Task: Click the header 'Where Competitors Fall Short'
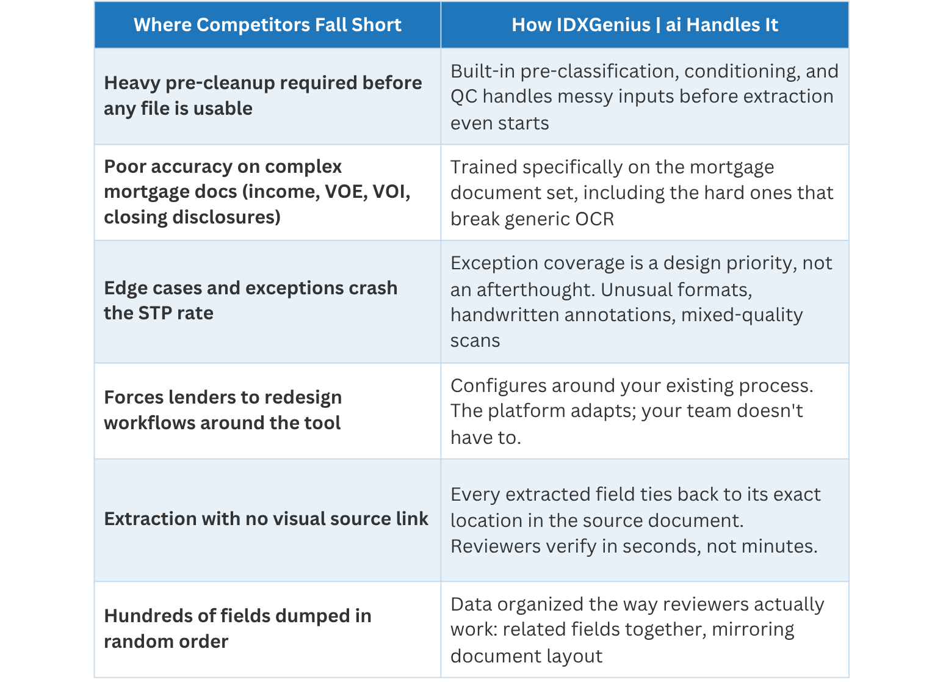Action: pyautogui.click(x=267, y=25)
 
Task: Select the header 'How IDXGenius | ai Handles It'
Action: pyautogui.click(x=645, y=25)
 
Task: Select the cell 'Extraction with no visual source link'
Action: pyautogui.click(x=266, y=518)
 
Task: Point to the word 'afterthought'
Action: pyautogui.click(x=535, y=290)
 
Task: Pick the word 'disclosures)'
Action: pyautogui.click(x=226, y=217)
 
